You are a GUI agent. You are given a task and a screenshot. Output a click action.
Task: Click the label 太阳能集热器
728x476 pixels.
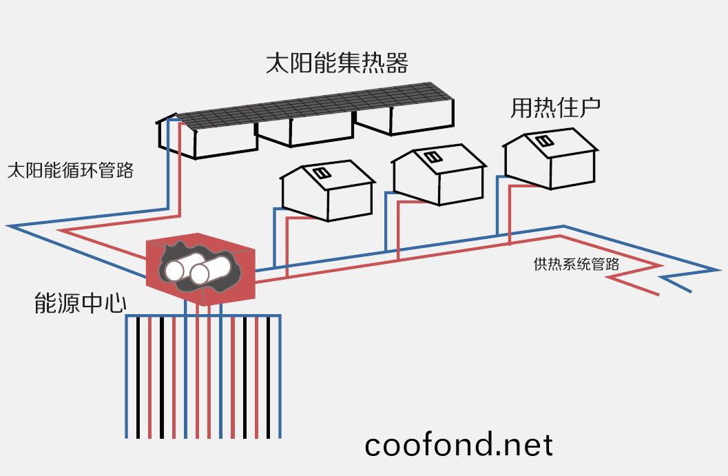click(337, 63)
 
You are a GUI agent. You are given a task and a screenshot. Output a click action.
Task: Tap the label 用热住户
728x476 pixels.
click(555, 108)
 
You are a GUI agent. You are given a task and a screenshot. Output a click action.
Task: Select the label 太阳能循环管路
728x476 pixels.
click(70, 170)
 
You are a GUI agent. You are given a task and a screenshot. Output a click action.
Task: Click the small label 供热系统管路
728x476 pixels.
click(576, 264)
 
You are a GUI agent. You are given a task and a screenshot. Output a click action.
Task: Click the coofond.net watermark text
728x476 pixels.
click(458, 444)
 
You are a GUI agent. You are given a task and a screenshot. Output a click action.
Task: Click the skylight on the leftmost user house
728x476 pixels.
click(320, 173)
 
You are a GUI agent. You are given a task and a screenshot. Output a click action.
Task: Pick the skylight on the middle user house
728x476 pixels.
click(432, 157)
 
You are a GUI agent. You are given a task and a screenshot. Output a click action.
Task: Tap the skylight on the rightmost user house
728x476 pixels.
click(544, 141)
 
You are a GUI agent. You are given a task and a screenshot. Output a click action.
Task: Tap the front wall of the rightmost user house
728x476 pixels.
click(572, 165)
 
